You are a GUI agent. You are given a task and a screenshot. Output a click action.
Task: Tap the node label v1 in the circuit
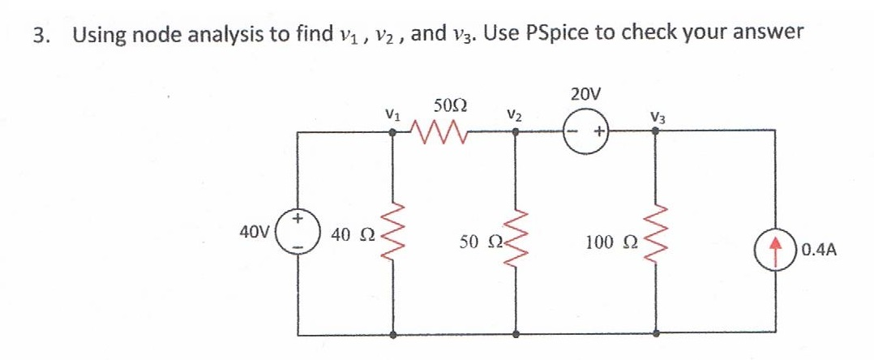pos(392,113)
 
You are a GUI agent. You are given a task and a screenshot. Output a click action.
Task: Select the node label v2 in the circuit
pos(513,113)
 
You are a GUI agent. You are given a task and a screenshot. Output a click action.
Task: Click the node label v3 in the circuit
pos(656,114)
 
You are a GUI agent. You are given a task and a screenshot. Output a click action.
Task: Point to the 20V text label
pos(585,94)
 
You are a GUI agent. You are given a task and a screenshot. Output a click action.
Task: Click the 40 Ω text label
pos(349,236)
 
